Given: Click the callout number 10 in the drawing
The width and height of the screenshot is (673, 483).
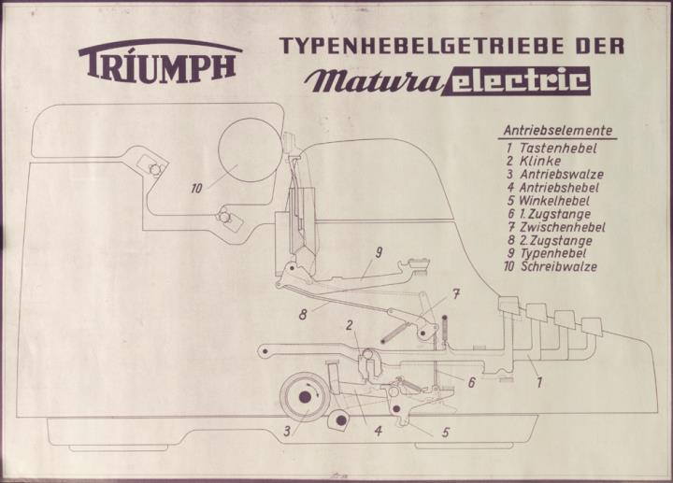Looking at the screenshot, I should tap(196, 189).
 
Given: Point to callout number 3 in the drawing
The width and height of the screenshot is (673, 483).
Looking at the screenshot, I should tap(287, 432).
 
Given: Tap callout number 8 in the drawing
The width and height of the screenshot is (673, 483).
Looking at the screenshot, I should tap(303, 314).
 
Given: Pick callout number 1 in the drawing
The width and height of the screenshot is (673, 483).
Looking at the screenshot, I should tap(538, 382).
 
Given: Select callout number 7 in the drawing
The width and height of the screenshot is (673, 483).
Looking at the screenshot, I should tap(456, 295).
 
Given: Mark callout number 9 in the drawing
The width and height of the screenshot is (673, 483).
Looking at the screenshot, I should tap(379, 252).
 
